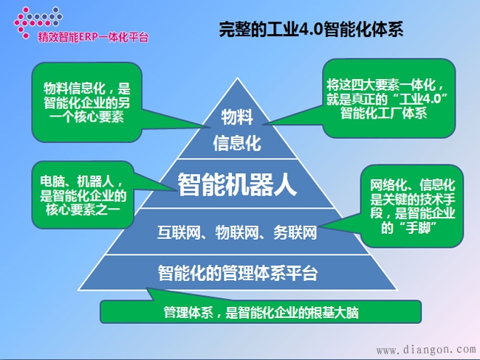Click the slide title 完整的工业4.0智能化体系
pos(311,31)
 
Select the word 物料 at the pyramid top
pos(238,117)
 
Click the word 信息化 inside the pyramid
pos(237,142)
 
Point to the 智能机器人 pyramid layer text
pos(237,184)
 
